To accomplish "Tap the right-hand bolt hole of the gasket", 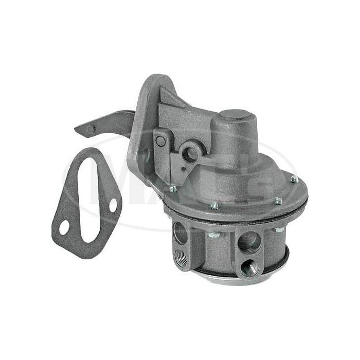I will [113, 205].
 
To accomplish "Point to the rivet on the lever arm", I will [91, 128].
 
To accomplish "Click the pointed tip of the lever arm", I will [77, 129].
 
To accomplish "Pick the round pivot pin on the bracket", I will [160, 141].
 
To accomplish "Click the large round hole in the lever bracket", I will [190, 153].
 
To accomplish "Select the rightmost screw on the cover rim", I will [294, 179].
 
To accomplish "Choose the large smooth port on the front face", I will [249, 241].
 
